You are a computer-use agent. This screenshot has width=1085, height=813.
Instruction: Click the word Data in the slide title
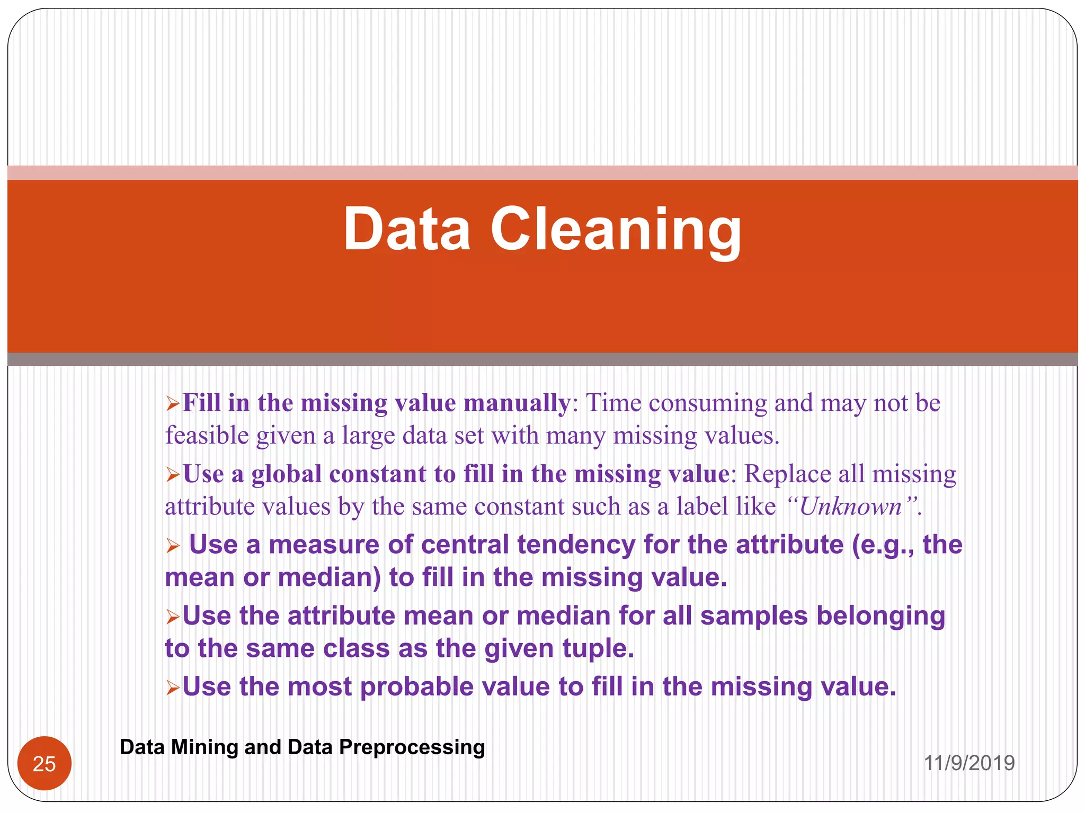[407, 230]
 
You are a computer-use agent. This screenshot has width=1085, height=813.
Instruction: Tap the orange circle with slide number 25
[45, 763]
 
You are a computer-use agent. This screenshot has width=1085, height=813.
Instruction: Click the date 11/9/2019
[969, 763]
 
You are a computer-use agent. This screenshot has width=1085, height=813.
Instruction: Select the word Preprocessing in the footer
[412, 747]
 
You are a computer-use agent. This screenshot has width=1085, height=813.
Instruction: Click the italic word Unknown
[850, 507]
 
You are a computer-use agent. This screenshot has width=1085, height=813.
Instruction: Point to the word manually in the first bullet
[517, 403]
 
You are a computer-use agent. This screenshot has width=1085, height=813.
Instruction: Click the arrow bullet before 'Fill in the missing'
[173, 405]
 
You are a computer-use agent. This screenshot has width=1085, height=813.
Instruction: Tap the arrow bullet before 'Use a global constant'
[173, 475]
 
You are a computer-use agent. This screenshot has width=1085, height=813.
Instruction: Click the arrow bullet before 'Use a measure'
[173, 546]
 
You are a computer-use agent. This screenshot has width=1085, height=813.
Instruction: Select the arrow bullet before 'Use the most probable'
[173, 688]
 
